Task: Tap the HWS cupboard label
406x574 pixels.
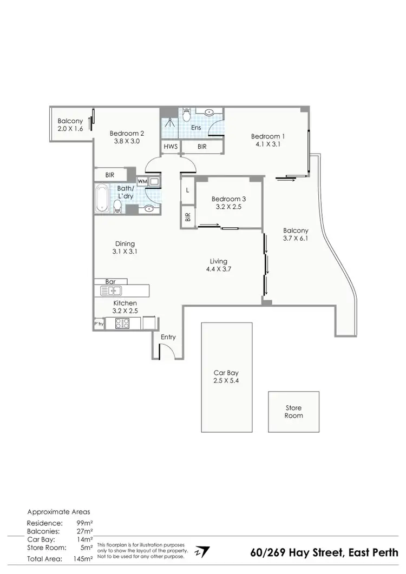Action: (170, 147)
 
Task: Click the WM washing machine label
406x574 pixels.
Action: (142, 181)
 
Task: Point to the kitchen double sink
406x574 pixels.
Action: (107, 291)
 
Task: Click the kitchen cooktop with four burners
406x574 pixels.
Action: (122, 324)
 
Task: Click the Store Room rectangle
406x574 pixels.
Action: (293, 412)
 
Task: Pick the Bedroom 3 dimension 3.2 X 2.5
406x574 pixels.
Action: (229, 206)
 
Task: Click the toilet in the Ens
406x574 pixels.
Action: (186, 115)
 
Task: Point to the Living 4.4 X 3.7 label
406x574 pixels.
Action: (219, 265)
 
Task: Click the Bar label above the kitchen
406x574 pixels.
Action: (112, 282)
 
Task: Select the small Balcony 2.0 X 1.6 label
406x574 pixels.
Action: (70, 125)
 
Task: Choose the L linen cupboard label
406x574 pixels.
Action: (187, 190)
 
